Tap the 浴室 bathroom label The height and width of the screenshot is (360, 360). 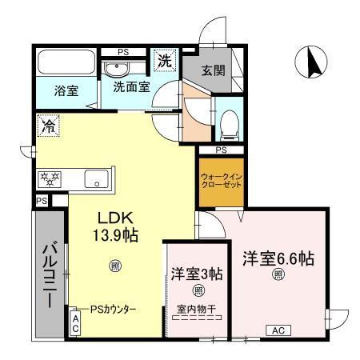pyautogui.click(x=66, y=90)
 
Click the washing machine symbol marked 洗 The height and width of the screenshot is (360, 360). pyautogui.click(x=163, y=59)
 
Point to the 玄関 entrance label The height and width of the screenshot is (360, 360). pyautogui.click(x=212, y=70)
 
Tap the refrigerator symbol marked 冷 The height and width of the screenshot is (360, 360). pyautogui.click(x=48, y=125)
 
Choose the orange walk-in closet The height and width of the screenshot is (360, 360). pyautogui.click(x=221, y=181)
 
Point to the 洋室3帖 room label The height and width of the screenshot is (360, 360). pyautogui.click(x=197, y=273)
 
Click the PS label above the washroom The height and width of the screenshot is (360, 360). pyautogui.click(x=123, y=53)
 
